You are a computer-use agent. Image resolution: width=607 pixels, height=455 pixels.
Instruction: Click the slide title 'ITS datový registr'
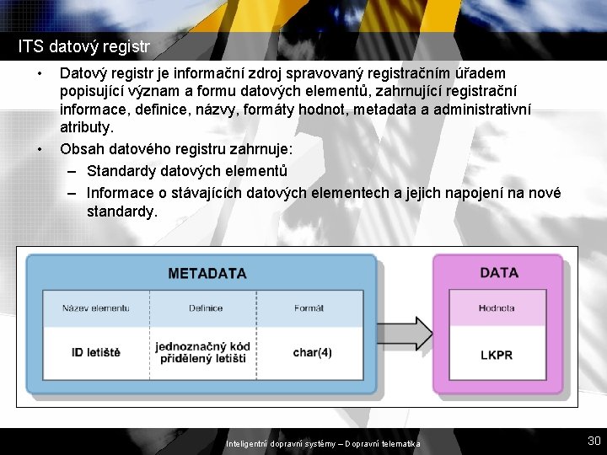click(84, 45)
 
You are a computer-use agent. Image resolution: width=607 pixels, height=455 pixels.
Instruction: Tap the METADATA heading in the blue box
click(207, 274)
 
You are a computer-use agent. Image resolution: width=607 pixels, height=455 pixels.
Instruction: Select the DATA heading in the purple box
click(498, 273)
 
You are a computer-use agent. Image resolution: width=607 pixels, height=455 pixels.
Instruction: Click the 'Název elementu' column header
click(95, 308)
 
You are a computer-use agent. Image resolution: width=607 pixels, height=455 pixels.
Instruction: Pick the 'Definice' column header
click(206, 308)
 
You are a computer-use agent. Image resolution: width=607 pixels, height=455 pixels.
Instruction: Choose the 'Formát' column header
click(309, 308)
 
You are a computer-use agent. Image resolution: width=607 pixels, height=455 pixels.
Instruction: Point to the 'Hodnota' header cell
click(497, 308)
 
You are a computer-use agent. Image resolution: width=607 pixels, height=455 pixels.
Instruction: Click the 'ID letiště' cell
click(95, 351)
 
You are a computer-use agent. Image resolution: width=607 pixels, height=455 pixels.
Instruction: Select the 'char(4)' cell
click(312, 351)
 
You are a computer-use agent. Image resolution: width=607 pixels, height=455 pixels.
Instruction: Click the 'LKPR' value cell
click(496, 355)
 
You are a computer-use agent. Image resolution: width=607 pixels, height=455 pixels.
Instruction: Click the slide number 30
click(594, 441)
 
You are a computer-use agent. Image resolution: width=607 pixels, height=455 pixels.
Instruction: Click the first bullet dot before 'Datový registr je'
click(40, 74)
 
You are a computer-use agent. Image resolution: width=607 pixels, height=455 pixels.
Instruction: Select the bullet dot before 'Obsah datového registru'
click(40, 150)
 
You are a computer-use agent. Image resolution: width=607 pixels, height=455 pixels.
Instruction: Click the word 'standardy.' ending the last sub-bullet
click(121, 211)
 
